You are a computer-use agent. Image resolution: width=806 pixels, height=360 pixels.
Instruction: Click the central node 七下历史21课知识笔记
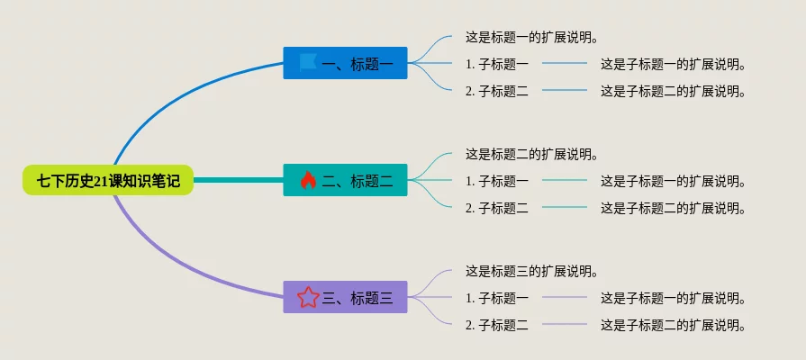108,180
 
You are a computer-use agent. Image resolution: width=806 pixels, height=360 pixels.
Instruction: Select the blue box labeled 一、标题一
346,63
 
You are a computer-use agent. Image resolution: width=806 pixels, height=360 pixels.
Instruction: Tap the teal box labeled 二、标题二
346,180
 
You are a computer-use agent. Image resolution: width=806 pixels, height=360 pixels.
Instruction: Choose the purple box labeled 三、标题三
346,297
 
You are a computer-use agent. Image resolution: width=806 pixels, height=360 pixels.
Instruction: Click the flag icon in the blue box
308,63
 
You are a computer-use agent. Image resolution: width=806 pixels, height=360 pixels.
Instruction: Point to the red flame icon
308,180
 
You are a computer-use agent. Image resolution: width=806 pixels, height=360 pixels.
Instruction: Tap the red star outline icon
308,297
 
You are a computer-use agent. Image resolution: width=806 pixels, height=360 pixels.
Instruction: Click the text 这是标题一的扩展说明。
532,38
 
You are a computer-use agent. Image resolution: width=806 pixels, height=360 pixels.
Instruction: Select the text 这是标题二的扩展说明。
532,154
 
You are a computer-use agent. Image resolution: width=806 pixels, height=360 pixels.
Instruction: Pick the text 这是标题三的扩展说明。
532,271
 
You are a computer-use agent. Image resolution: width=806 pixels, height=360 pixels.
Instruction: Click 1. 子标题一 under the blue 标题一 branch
497,64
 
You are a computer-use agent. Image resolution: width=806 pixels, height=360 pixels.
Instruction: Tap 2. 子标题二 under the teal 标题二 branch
497,208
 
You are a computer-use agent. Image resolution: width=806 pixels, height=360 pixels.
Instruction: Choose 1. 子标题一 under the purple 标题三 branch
497,298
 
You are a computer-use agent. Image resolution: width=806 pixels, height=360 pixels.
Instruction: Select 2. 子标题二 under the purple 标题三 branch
497,325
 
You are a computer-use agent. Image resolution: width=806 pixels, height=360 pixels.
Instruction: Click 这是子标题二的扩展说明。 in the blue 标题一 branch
674,92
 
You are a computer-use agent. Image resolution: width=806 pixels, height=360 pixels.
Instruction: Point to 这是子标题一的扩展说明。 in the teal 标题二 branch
674,181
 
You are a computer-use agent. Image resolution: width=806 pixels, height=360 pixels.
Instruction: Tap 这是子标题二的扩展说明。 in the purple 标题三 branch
674,325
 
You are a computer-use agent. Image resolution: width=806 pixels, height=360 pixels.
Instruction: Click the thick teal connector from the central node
238,180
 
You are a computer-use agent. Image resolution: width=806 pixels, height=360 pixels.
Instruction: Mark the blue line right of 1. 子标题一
565,63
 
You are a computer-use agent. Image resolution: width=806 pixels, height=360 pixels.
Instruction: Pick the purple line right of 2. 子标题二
565,324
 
